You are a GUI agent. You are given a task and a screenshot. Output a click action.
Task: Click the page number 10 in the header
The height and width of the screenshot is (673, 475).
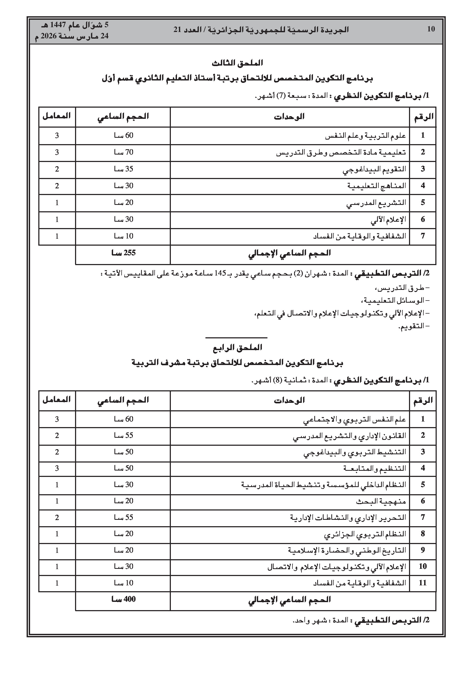[x=431, y=29]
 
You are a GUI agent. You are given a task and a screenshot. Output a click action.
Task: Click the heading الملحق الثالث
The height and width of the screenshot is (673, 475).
[x=237, y=63]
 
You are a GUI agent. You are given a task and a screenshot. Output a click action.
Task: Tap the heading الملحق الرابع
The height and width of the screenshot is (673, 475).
[x=237, y=348]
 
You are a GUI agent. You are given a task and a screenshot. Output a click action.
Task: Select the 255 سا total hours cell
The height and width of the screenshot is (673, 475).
[x=123, y=253]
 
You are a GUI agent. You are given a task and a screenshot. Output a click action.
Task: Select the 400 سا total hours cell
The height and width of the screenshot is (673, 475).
[x=123, y=599]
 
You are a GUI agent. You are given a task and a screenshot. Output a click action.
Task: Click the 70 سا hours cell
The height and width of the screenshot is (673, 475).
[x=123, y=152]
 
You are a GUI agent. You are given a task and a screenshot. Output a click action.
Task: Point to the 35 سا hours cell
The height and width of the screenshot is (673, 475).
[x=123, y=169]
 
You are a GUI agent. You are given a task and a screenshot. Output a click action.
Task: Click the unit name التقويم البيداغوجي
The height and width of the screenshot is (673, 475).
[x=374, y=169]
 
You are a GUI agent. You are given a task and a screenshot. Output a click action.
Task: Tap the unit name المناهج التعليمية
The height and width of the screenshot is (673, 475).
[x=377, y=186]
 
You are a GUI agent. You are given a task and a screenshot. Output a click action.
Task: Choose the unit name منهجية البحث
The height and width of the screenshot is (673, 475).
[x=381, y=501]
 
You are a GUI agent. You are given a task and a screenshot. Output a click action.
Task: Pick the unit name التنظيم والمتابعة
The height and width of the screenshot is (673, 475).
[x=375, y=468]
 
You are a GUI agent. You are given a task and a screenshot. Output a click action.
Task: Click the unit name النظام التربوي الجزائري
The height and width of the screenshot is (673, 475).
[x=365, y=534]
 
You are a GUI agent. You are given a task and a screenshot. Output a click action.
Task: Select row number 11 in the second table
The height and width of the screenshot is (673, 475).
[x=423, y=583]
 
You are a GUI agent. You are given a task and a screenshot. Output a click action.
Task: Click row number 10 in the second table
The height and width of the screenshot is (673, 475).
[x=423, y=566]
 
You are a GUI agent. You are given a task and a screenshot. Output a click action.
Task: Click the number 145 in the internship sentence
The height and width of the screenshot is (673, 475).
[x=220, y=273]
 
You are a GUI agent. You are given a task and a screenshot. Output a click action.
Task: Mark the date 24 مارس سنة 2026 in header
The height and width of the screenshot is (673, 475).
[x=72, y=36]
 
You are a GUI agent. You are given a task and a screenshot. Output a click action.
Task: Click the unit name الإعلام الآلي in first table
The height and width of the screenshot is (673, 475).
[x=388, y=220]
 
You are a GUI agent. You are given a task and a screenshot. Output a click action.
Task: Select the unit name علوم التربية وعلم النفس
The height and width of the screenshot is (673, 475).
[x=365, y=136]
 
